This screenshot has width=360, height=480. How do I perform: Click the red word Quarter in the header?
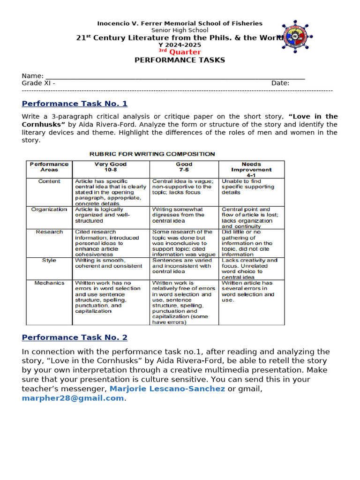click(185, 52)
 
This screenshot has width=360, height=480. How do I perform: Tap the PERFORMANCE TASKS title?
click(180, 60)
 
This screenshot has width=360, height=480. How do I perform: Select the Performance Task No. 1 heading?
click(75, 104)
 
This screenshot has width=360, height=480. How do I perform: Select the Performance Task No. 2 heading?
click(75, 337)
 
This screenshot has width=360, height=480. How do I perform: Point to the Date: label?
click(280, 83)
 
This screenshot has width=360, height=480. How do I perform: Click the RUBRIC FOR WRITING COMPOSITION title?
click(152, 154)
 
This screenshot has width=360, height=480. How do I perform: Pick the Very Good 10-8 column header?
click(111, 167)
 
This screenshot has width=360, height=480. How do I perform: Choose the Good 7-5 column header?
click(184, 167)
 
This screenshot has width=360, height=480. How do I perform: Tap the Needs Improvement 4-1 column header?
click(251, 170)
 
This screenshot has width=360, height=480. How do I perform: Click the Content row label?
click(49, 181)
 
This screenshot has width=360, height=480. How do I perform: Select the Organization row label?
click(49, 209)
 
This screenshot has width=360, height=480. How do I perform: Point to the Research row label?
click(49, 232)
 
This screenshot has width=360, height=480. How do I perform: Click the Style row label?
click(49, 260)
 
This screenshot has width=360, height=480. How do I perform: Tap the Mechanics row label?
click(49, 283)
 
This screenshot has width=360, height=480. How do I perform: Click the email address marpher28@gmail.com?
click(73, 398)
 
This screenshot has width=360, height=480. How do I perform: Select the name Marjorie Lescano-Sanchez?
click(167, 389)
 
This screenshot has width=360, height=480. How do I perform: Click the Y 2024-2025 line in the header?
click(180, 45)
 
